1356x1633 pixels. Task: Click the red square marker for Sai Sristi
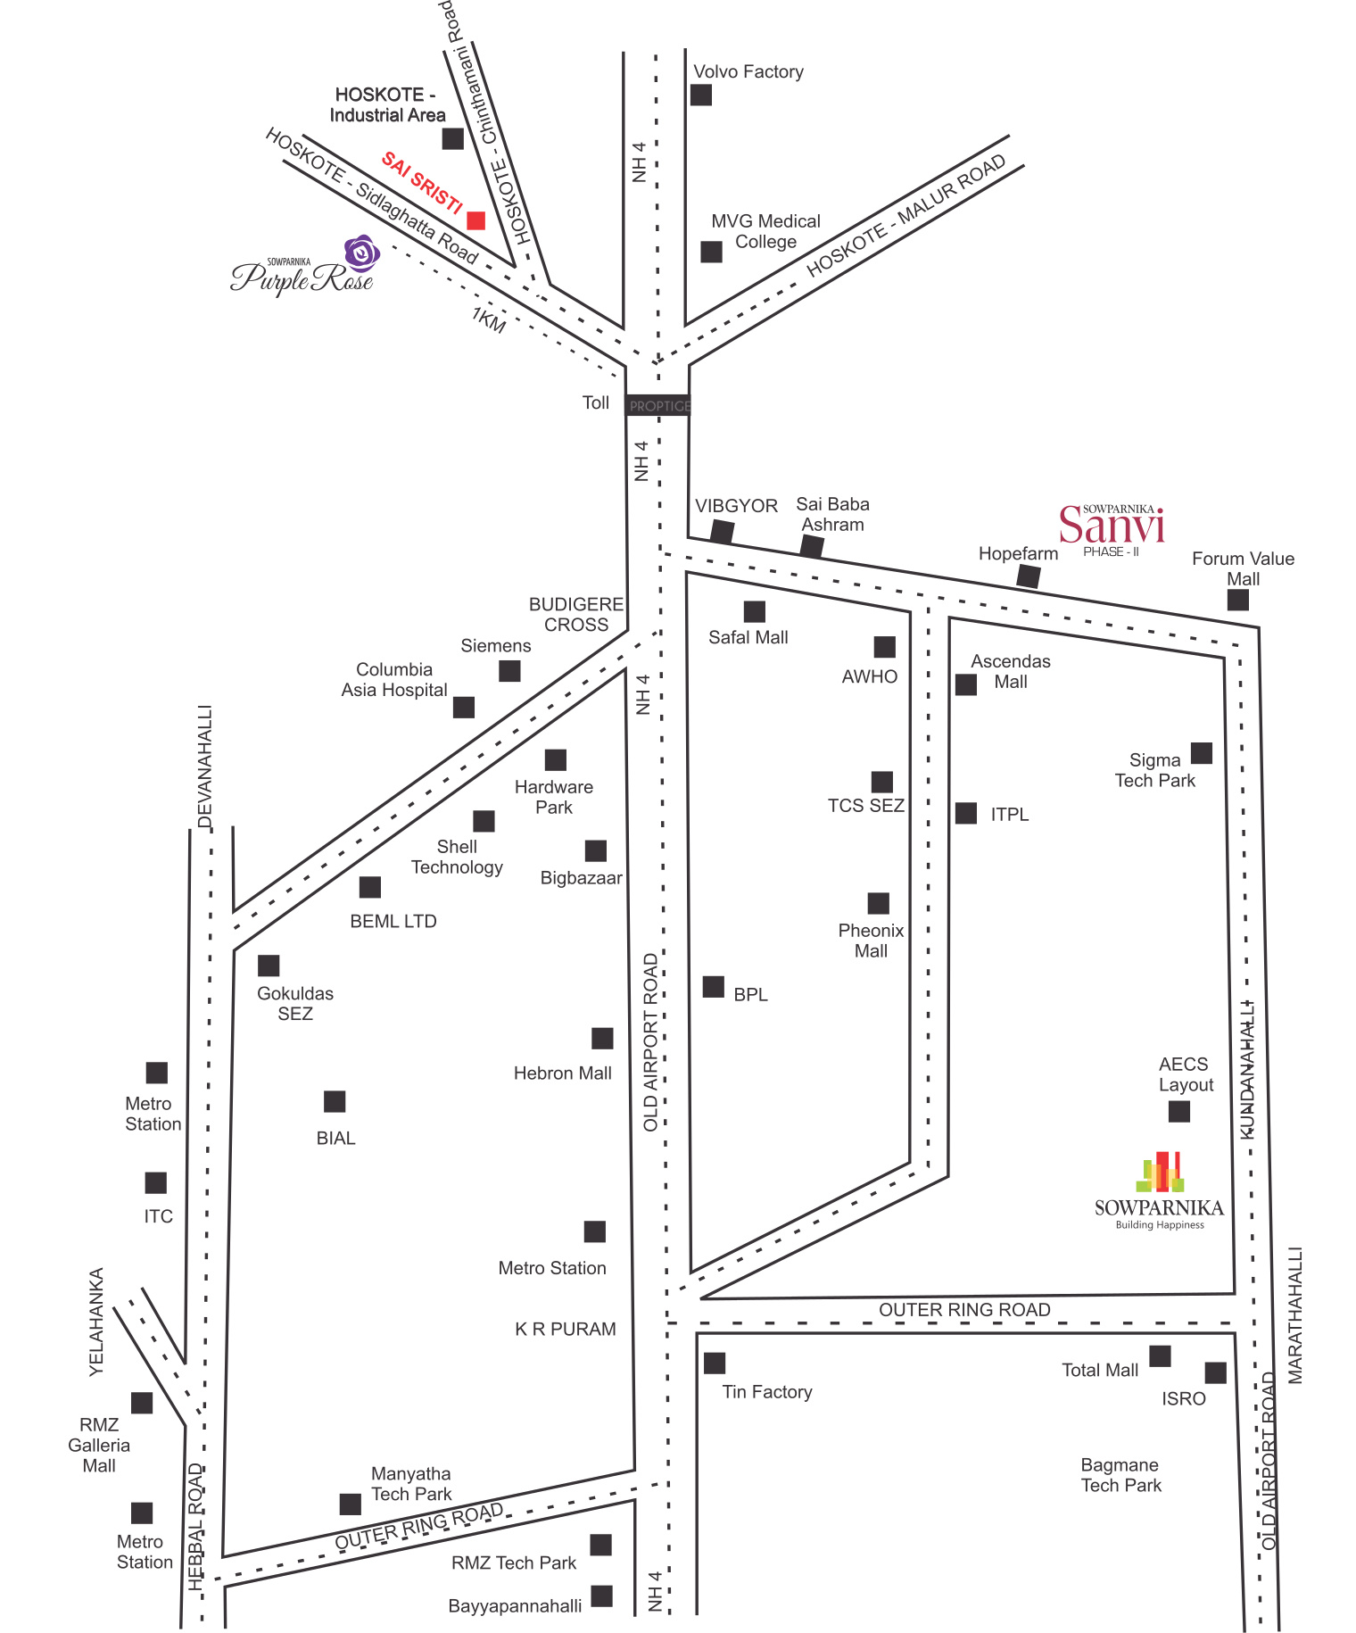476,220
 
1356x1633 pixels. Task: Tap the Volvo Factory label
748,71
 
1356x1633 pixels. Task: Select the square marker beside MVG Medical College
711,252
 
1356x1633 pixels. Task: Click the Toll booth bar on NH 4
658,406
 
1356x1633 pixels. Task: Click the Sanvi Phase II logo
1112,528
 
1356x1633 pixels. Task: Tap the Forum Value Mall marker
1237,600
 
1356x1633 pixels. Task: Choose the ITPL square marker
966,813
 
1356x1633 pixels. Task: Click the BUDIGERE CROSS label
575,615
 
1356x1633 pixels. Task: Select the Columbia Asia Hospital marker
464,708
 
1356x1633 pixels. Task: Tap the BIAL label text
335,1139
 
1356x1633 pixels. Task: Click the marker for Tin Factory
714,1364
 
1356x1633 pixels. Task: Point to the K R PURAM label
566,1330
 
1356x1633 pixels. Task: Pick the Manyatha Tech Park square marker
351,1505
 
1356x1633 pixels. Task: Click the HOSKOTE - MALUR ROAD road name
905,216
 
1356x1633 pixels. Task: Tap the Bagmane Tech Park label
1120,1475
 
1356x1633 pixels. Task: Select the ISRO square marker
1215,1372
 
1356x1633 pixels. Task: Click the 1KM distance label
489,319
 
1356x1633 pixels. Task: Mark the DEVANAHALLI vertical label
205,767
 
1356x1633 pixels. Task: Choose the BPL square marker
714,987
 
